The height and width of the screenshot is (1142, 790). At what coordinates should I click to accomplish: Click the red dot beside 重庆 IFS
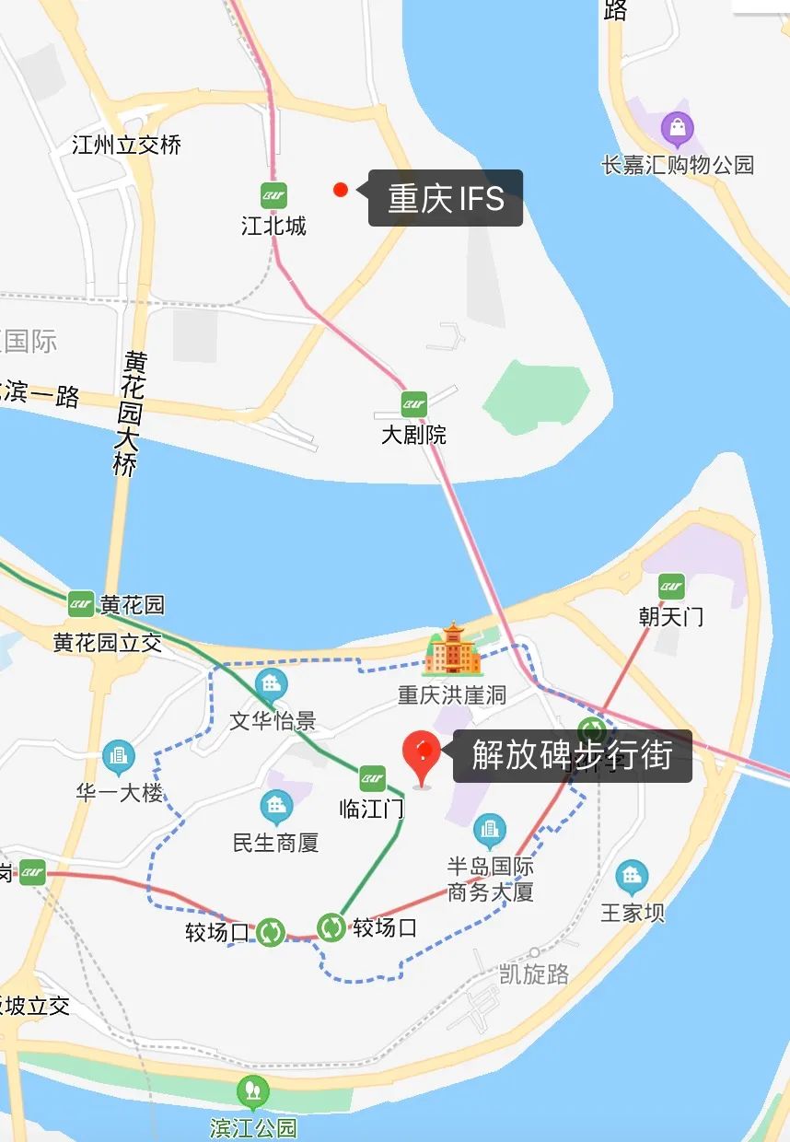pos(341,190)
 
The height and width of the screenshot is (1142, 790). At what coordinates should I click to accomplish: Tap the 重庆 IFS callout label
pos(446,198)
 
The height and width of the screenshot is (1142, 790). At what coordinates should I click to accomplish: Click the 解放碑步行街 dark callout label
pos(572,756)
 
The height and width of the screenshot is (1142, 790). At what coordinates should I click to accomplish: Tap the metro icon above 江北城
pos(273,195)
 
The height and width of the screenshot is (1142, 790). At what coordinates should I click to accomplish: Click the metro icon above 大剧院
pos(414,403)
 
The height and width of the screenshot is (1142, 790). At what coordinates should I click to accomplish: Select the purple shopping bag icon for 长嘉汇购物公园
pos(678,130)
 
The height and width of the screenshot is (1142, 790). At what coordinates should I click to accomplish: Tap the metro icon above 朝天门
pos(671,586)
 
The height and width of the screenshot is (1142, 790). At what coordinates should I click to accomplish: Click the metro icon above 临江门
pos(372,778)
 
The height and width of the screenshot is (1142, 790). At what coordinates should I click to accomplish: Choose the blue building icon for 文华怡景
pos(272,684)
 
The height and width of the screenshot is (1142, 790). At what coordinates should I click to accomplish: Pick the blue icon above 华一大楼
pos(119,758)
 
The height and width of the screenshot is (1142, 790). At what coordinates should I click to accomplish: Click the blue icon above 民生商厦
pos(276,808)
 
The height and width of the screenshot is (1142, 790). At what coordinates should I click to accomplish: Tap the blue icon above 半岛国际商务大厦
pos(490,832)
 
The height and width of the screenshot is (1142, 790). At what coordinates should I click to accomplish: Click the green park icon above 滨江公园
pos(253,1093)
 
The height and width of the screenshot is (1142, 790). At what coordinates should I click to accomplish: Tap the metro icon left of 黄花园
pos(81,604)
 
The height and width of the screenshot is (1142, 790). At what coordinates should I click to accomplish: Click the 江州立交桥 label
pos(127,145)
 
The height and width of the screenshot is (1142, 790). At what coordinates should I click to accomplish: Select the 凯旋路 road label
pos(534,974)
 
